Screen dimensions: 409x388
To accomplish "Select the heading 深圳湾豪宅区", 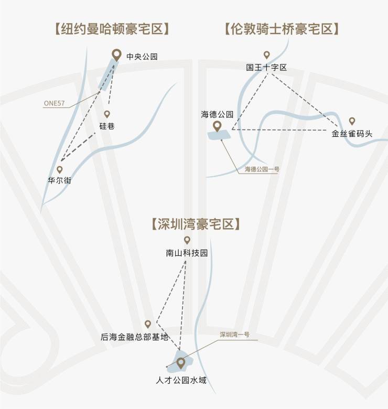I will [195, 224].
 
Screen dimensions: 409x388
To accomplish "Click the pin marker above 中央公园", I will [116, 54].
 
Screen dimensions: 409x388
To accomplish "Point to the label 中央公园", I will [142, 57].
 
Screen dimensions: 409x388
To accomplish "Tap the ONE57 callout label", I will [53, 104].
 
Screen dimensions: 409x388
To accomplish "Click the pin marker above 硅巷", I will [107, 114].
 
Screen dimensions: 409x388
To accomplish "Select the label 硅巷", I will [107, 126].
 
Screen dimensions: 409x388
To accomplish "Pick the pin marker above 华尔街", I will [60, 169].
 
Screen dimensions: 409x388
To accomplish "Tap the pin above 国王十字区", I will [266, 55].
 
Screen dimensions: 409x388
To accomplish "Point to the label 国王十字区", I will [266, 67].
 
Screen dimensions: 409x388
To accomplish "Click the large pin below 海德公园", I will [217, 126].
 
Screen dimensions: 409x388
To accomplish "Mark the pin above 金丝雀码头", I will [352, 121].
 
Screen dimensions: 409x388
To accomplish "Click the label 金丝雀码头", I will [352, 133].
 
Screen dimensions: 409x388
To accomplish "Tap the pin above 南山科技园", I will [187, 240].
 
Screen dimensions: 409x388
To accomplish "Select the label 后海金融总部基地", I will [135, 337].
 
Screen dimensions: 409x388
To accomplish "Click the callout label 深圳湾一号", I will [234, 334].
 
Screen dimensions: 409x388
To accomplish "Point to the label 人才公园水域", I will [181, 379].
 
